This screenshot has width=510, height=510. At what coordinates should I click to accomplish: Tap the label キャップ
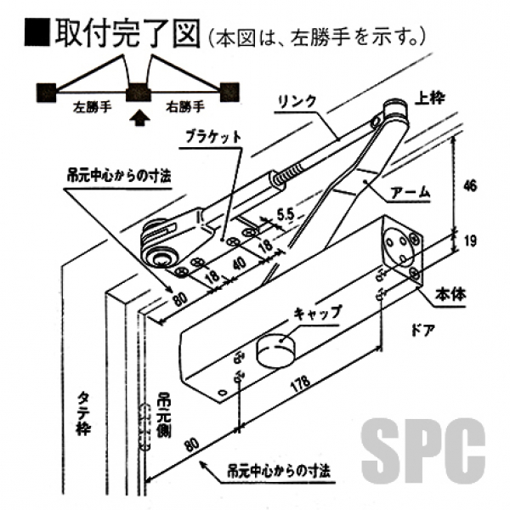pos(316,312)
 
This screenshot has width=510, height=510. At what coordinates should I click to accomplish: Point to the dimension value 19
pos(470,242)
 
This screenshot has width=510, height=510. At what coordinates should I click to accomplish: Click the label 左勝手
pos(88,108)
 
